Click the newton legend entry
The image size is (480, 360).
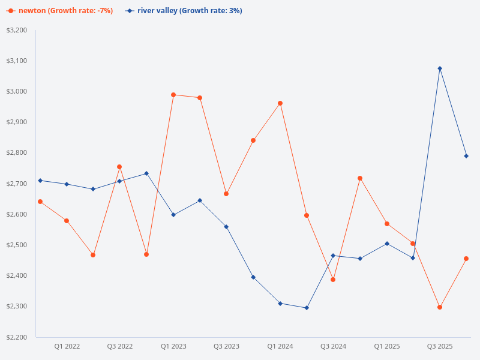(59, 11)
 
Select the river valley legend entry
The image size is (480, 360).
(184, 11)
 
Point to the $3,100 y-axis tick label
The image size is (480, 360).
(16, 61)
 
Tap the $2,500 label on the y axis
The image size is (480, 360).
(16, 245)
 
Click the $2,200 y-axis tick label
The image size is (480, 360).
(16, 337)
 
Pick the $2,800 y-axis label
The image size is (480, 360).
(16, 153)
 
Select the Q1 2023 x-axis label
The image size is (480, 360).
(173, 346)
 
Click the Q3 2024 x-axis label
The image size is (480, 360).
(333, 346)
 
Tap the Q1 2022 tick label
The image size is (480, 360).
(67, 346)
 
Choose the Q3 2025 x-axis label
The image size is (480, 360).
(440, 346)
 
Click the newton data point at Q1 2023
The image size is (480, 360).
(173, 95)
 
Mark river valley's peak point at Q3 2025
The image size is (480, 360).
(440, 68)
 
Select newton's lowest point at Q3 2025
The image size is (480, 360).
(440, 307)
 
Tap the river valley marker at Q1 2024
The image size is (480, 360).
(280, 304)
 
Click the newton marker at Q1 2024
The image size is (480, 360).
(280, 103)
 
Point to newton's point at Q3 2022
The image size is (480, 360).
(119, 167)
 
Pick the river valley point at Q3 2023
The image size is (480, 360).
(226, 227)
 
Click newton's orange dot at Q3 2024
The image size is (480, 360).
(333, 280)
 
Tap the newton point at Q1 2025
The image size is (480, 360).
(387, 224)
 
